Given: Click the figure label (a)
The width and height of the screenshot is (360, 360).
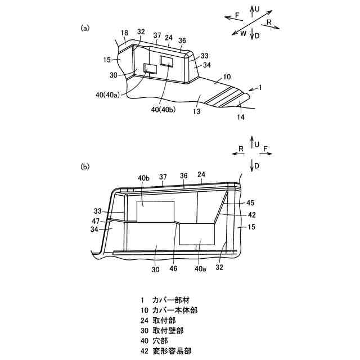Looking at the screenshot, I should [85, 28].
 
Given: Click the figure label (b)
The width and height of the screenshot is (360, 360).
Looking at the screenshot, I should [85, 166].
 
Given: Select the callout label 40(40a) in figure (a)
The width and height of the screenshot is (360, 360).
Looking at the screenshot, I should [107, 95].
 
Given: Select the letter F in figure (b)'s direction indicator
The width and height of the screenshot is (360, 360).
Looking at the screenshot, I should [265, 150].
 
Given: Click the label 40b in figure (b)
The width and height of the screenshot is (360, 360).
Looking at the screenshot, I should [143, 178].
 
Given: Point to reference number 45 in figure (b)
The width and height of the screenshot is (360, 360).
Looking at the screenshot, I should [250, 202].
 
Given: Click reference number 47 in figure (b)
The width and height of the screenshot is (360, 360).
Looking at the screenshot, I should [96, 221].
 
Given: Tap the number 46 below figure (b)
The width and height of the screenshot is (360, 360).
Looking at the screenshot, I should [174, 269].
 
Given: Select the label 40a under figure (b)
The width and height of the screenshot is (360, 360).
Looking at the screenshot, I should [200, 269].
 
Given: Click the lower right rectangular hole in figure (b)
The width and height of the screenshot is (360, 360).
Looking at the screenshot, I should [197, 233].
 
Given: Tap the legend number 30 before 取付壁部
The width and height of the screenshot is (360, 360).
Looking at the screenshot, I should [144, 330].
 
